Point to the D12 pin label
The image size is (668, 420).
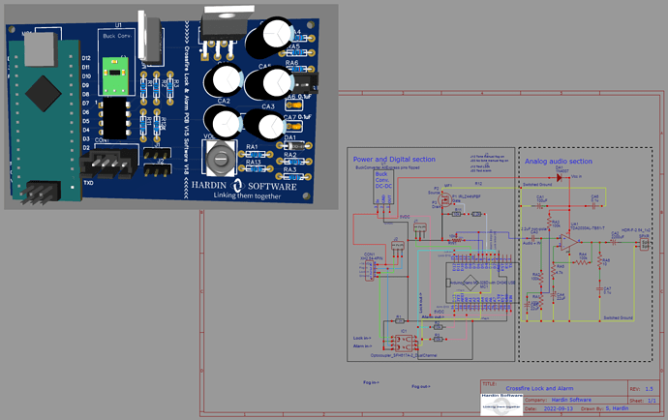[x=86, y=59]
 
